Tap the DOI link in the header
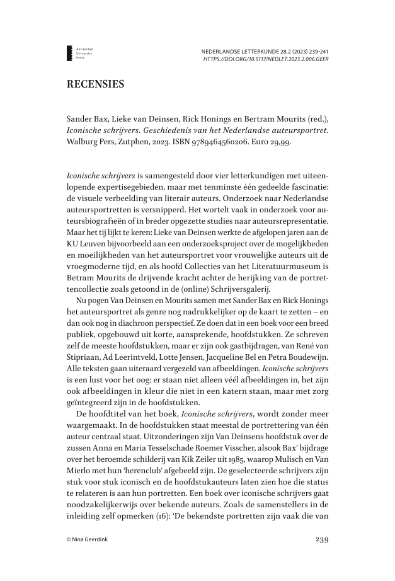point(266,59)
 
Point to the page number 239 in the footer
point(321,539)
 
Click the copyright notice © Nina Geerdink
point(89,540)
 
